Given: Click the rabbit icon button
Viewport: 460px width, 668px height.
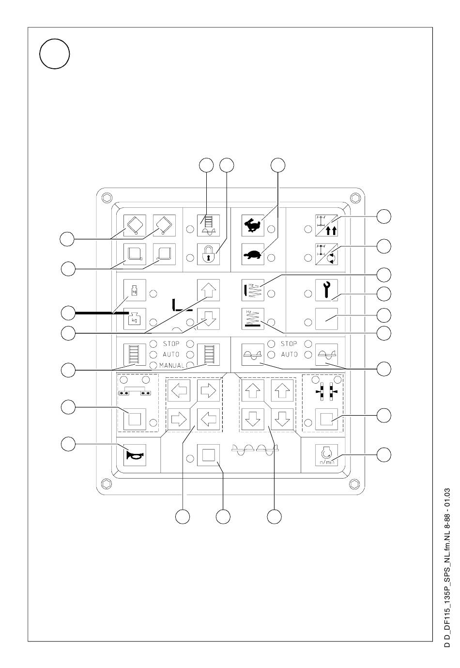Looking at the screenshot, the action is point(252,225).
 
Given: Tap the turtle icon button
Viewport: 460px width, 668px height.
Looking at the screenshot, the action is point(252,254).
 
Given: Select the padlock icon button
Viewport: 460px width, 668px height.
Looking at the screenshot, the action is point(208,254).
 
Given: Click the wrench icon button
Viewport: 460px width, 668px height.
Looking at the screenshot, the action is point(326,290).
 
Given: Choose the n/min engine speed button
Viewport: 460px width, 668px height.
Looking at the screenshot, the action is point(326,455).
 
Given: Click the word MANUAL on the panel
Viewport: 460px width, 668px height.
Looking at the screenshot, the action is point(172,365).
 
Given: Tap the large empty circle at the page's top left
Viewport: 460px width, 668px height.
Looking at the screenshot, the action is point(55,54).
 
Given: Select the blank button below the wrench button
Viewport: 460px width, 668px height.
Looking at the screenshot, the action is point(326,319).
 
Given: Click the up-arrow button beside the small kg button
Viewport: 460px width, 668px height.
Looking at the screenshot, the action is point(208,290).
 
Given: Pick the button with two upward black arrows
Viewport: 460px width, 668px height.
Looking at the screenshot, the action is point(326,225).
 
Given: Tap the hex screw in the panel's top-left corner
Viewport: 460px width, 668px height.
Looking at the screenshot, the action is point(107,198).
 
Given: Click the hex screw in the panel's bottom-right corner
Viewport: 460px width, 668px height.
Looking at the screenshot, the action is point(354,483).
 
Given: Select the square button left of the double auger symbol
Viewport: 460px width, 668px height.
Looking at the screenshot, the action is point(208,455).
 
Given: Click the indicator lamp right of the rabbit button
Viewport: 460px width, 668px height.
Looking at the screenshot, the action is point(271,229).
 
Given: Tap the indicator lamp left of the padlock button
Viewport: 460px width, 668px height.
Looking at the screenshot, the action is point(190,257).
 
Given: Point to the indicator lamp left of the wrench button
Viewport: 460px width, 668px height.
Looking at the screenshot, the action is point(308,294).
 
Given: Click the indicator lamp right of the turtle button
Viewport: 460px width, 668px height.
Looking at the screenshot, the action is point(271,257).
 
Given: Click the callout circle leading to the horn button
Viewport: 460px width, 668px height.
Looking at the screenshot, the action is point(68,444).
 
